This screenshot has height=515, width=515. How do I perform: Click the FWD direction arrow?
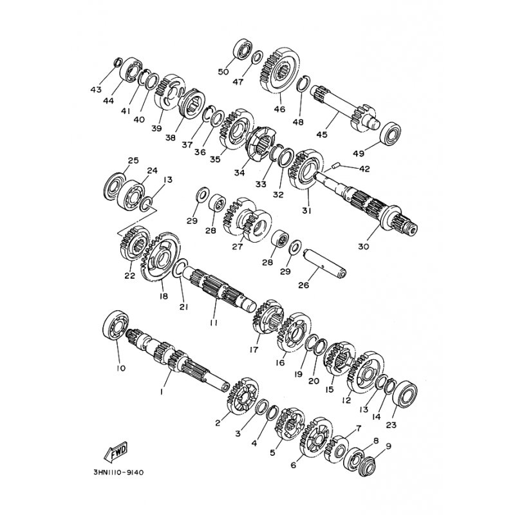tap(116, 452)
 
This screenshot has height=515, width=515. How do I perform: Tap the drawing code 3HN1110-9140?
tap(118, 473)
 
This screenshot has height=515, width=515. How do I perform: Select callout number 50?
tap(223, 72)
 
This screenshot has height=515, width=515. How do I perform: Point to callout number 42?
tap(364, 169)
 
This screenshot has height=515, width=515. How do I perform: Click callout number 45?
tap(323, 135)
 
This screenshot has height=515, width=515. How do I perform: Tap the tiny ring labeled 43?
tap(118, 62)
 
